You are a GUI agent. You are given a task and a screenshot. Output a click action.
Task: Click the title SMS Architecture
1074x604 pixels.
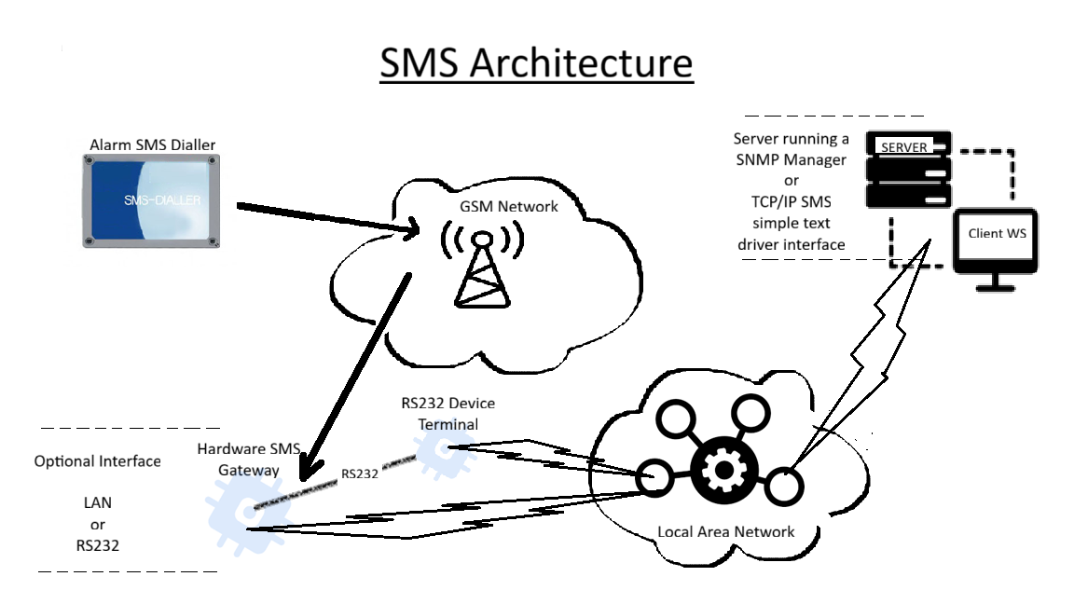point(536,62)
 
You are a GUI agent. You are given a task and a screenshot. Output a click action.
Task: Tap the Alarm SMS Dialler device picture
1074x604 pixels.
point(149,201)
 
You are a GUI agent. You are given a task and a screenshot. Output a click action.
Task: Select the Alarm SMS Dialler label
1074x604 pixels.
point(152,144)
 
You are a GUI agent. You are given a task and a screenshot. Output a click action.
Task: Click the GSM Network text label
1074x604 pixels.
point(509,206)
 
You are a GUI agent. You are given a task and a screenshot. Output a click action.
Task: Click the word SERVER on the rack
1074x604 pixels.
point(904,147)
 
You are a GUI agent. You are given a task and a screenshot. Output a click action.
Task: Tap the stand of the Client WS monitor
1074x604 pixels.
point(996,281)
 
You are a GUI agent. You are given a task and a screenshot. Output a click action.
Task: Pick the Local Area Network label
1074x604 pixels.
point(726,531)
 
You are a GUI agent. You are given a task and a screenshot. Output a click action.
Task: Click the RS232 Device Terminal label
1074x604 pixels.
point(447,414)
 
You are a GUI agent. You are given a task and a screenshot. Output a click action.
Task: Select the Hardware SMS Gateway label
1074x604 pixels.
point(249,459)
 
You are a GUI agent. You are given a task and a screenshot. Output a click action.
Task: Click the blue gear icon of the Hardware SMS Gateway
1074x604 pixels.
point(234,513)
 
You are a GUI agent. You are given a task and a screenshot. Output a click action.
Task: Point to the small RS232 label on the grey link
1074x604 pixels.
point(359,473)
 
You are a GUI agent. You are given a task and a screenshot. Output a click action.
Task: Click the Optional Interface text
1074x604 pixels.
point(97,461)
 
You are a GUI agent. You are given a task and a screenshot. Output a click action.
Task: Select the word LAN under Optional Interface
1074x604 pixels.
point(97,502)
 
